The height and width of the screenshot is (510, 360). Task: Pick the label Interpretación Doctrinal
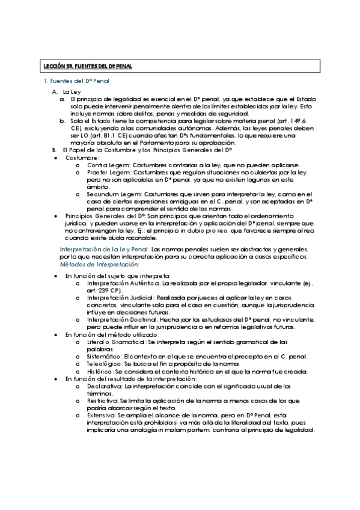point(121,319)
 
